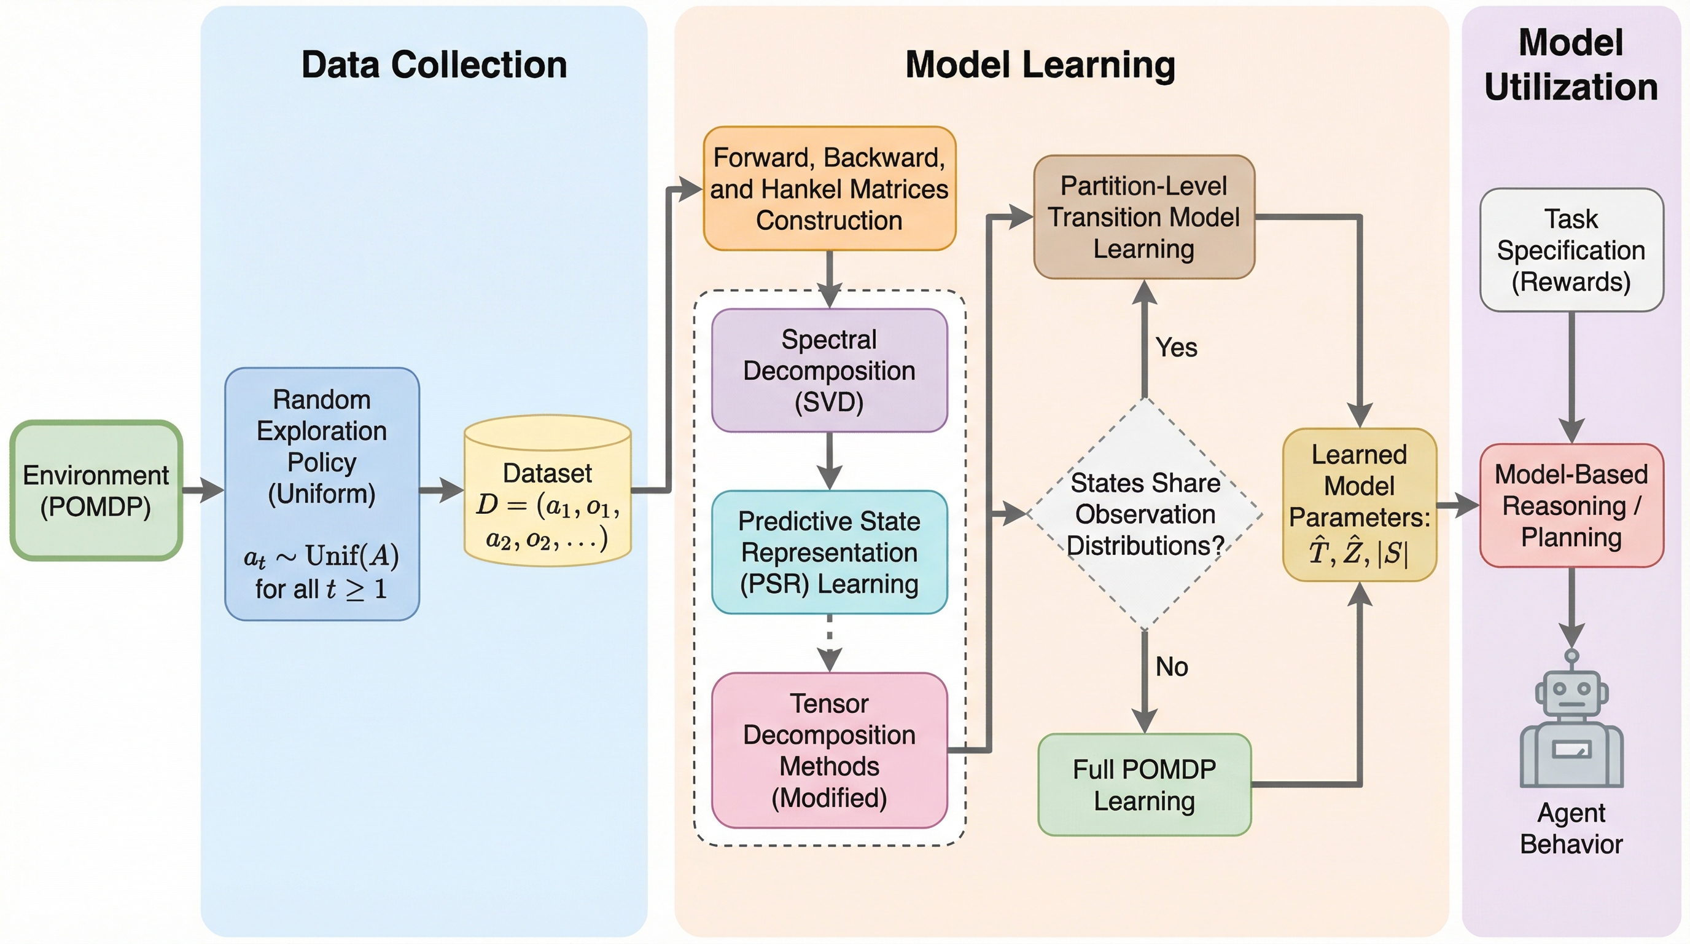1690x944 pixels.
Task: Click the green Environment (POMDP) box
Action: pos(96,490)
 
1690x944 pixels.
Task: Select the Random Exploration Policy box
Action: pos(321,494)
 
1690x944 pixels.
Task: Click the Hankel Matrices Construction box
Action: pos(829,189)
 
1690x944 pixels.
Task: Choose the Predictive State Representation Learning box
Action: pos(829,552)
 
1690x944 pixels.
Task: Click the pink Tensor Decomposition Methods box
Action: pos(829,750)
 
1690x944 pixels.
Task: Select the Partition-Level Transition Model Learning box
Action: pos(1143,218)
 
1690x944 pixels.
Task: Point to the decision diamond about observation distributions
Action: pos(1145,514)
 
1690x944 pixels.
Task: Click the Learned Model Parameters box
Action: pos(1360,504)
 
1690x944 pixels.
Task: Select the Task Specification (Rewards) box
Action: pos(1571,250)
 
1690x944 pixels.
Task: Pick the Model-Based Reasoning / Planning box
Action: pos(1571,505)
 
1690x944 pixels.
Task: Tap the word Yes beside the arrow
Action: pos(1177,347)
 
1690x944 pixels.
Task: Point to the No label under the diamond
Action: pos(1172,667)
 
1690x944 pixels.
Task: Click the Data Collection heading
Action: pos(434,65)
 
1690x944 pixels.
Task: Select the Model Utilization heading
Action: pos(1571,65)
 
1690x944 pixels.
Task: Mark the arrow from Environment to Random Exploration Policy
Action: pos(203,490)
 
